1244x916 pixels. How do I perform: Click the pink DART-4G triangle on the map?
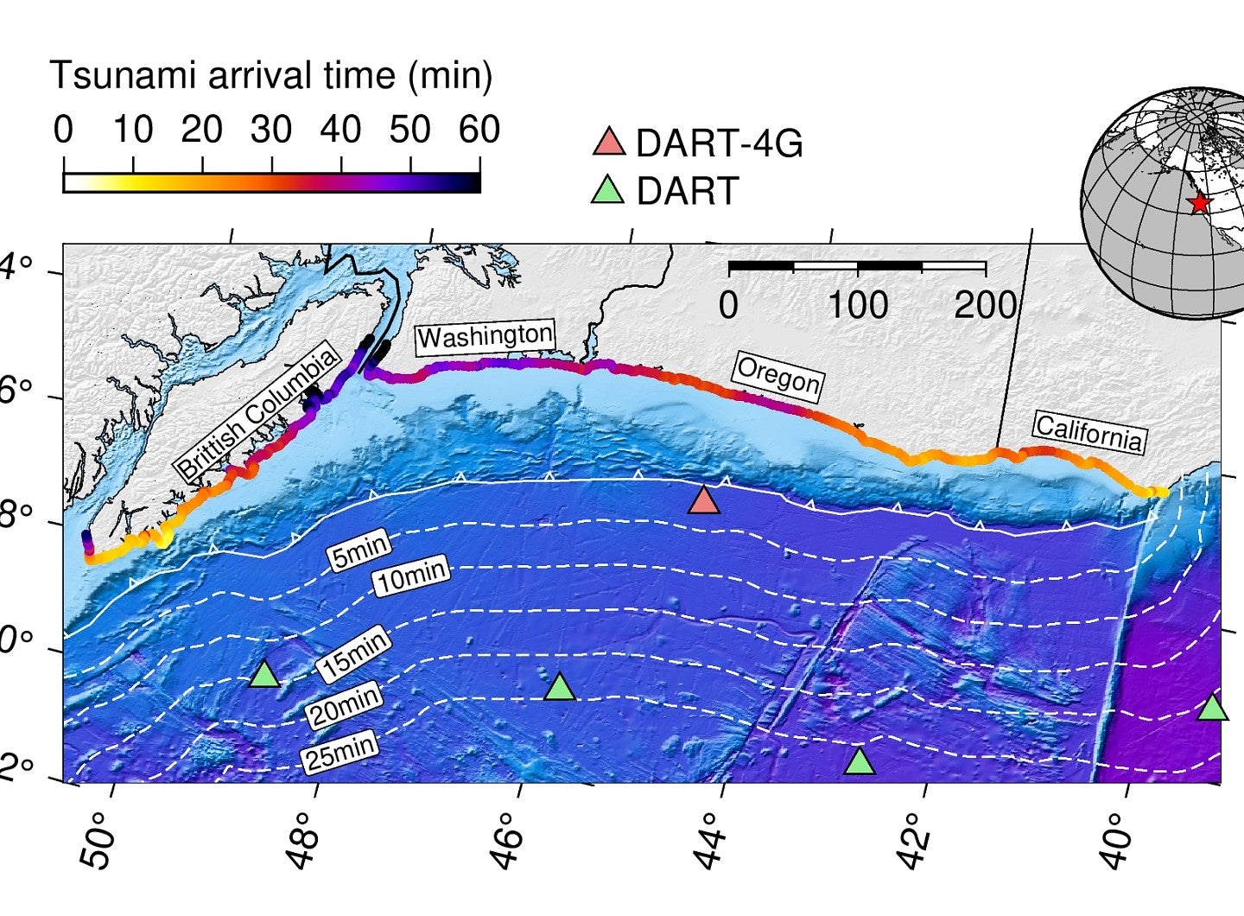(x=704, y=500)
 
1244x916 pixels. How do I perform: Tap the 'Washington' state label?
(x=485, y=336)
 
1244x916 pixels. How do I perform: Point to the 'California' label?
(x=1089, y=432)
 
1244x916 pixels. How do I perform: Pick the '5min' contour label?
(x=360, y=550)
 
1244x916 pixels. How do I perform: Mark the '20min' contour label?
(x=344, y=705)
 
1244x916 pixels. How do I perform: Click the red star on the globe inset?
(x=1198, y=204)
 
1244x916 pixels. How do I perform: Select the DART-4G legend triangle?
(x=609, y=143)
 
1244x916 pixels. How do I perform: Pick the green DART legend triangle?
(x=607, y=190)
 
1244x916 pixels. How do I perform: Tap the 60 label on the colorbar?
(x=479, y=130)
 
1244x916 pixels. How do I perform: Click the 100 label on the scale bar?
(x=857, y=305)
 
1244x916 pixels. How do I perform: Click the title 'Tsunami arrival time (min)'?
(x=270, y=76)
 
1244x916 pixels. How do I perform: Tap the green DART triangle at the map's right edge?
(x=1213, y=708)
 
